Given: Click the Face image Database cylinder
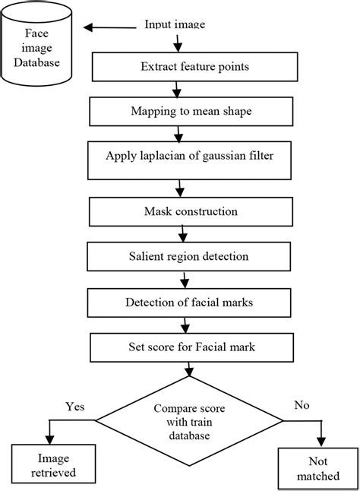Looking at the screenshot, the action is tap(36, 44).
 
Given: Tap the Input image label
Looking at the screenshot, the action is tap(175, 24).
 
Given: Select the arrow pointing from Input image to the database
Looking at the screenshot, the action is tap(110, 27).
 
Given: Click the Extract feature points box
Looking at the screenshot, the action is tap(195, 67).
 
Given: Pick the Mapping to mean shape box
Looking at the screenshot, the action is tap(191, 112).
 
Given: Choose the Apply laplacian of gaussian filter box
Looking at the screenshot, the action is tap(190, 160).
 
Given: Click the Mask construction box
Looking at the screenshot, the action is tap(191, 212).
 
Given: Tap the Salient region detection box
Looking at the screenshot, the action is tap(188, 256).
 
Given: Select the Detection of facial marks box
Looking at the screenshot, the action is tap(189, 303).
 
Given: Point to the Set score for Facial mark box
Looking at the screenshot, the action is tap(191, 347).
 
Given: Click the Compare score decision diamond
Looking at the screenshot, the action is tap(189, 421).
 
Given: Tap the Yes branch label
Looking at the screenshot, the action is tap(75, 407).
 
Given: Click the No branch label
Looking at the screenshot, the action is tap(302, 405).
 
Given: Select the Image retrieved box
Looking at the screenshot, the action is tap(53, 464).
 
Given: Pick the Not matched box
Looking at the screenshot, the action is tap(318, 469).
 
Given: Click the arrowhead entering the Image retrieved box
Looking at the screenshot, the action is tap(49, 439).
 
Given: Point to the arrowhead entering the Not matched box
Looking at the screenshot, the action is tap(321, 442).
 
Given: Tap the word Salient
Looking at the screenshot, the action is tap(144, 256).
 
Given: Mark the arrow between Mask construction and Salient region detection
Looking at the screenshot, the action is tap(183, 234).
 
